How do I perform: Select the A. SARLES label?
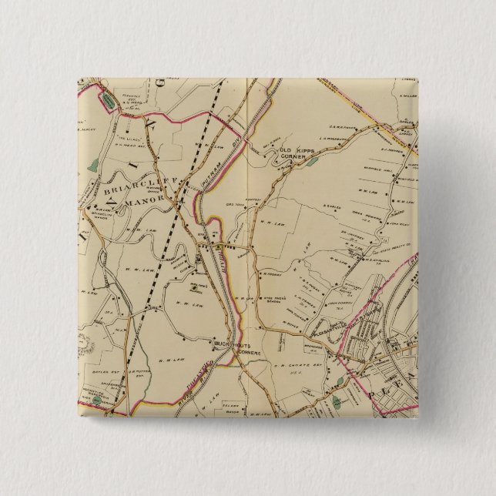click(x=330, y=206)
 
